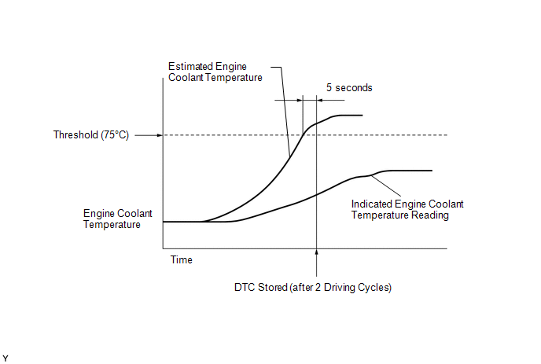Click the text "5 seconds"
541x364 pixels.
tap(348, 88)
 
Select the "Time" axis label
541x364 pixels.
tap(181, 259)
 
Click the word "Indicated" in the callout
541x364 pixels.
tap(371, 204)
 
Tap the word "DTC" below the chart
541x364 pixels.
tap(245, 287)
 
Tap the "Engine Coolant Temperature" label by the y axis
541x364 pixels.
tap(112, 219)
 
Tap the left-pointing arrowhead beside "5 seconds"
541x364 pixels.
tap(320, 100)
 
